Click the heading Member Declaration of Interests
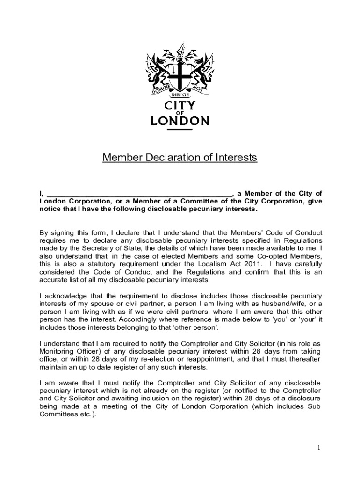click(180, 158)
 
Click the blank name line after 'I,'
click(139, 194)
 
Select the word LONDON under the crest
click(180, 121)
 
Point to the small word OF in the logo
click(180, 113)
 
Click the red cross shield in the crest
click(180, 73)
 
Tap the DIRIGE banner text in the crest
click(180, 94)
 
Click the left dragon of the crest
click(158, 70)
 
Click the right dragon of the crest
click(202, 70)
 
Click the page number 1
click(318, 448)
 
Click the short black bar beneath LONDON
click(180, 129)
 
